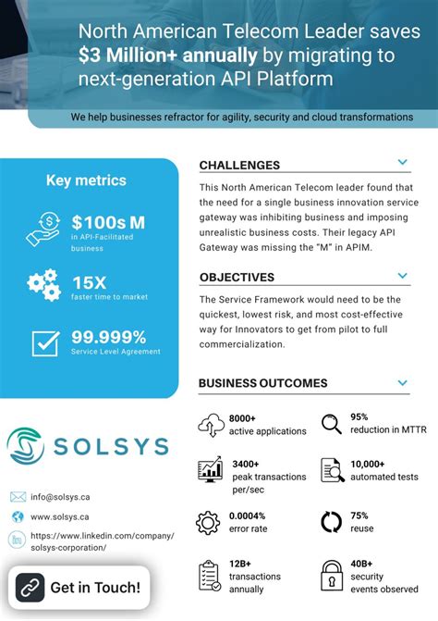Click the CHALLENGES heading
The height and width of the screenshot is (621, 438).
point(239,166)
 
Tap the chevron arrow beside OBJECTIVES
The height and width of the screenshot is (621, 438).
point(402,275)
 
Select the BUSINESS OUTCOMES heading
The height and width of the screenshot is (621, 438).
point(262,383)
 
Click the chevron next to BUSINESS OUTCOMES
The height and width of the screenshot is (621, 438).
point(402,381)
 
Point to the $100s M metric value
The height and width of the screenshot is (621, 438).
point(108,222)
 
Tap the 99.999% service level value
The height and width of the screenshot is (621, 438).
point(109,337)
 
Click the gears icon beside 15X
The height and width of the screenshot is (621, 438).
point(43,284)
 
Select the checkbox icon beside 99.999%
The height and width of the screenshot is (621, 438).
point(45,342)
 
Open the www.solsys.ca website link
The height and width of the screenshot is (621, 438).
point(60,517)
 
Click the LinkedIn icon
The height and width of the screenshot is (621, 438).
point(18,540)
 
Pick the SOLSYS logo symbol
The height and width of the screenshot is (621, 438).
point(25,446)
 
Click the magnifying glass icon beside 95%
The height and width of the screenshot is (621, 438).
point(332,425)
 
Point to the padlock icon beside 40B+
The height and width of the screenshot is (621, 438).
point(332,576)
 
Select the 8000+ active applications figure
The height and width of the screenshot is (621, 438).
point(267,425)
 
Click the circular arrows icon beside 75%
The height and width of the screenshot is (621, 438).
point(332,522)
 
